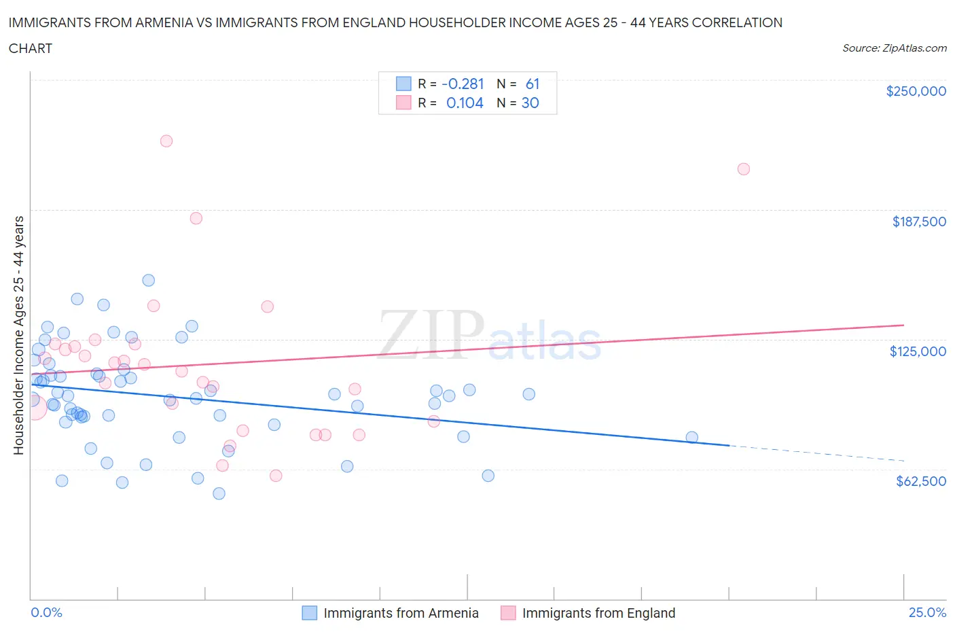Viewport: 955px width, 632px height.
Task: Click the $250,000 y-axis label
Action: [916, 91]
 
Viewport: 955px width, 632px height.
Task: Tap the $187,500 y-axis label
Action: [919, 222]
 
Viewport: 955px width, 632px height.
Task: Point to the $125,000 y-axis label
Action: [918, 351]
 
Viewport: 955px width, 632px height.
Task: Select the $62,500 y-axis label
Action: [920, 481]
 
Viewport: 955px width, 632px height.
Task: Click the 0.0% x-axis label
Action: [46, 612]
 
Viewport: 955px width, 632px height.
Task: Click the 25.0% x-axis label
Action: [927, 612]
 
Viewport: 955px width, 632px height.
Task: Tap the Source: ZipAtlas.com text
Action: [894, 48]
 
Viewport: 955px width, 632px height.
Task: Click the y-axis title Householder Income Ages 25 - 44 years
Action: [19, 335]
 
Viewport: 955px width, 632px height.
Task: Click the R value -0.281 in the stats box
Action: [463, 84]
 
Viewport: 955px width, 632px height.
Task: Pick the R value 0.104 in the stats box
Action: [465, 103]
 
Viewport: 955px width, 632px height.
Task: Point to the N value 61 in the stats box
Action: [533, 84]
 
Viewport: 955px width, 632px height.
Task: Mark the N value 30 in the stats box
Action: [530, 103]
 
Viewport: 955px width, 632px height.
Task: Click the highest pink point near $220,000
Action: [166, 141]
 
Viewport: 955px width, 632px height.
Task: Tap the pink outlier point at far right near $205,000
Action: [744, 169]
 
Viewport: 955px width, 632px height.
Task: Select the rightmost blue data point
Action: [692, 438]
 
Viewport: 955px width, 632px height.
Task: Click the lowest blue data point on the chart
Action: [219, 493]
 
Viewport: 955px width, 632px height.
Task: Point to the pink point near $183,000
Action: [196, 218]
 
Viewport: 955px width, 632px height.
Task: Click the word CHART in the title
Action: [31, 48]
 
